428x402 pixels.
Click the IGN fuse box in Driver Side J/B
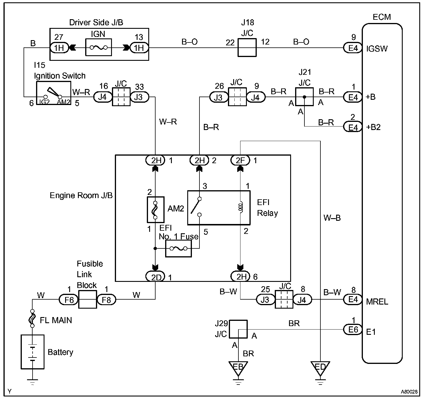(99, 47)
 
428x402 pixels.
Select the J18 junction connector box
(247, 47)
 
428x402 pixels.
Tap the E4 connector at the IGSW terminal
(353, 48)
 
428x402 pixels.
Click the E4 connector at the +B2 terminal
(353, 127)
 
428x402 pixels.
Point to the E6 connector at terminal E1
(353, 330)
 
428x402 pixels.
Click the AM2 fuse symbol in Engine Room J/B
(155, 210)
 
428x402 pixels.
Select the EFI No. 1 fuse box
(179, 248)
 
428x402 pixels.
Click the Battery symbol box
(33, 352)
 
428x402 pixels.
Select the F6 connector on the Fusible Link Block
(69, 300)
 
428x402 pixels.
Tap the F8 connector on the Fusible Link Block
(106, 300)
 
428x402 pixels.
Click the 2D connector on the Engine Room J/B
(155, 276)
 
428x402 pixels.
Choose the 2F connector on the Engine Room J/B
(240, 160)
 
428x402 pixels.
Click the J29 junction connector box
(238, 329)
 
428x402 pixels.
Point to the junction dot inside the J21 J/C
(304, 97)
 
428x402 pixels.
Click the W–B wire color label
(332, 218)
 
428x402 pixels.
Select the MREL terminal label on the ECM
(377, 301)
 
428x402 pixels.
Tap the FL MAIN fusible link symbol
(32, 319)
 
